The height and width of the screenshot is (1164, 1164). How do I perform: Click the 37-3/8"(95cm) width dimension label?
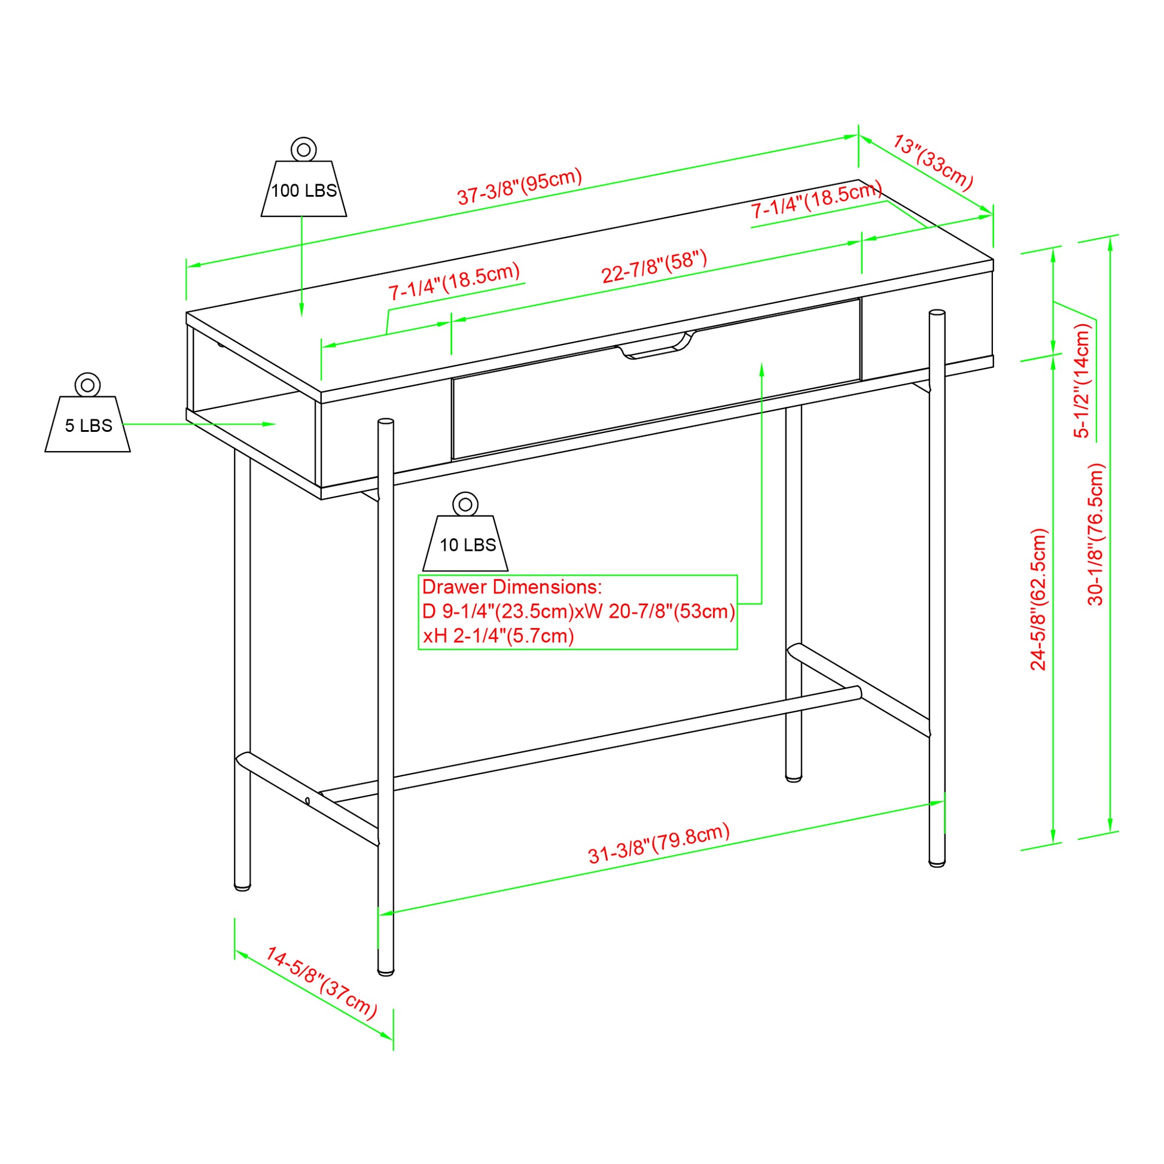coord(520,186)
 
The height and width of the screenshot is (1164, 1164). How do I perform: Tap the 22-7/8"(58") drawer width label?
coord(654,267)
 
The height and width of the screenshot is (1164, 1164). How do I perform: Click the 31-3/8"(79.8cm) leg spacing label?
coord(659,843)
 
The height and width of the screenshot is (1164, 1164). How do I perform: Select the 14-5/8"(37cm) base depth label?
coord(321,983)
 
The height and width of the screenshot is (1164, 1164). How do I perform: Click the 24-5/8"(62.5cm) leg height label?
coord(1038,599)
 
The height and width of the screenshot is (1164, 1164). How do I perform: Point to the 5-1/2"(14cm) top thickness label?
coord(1082,380)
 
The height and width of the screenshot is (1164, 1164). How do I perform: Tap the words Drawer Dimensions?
coord(511,587)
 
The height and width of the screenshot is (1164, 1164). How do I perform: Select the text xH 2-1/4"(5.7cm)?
coord(498,636)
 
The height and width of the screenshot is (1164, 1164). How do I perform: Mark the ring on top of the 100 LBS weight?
coord(304,149)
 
